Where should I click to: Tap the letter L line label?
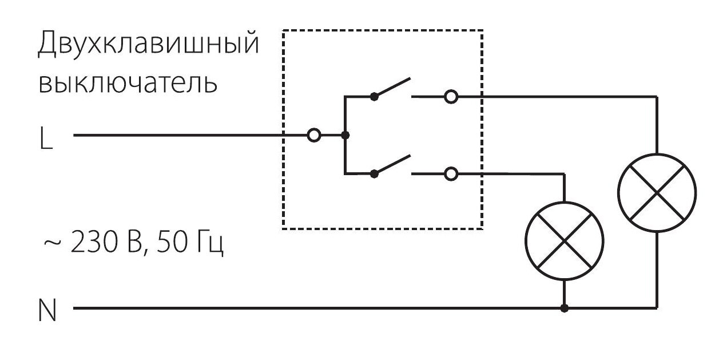46,138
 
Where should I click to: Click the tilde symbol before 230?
51,243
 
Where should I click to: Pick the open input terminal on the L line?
314,136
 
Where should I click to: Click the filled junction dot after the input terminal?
345,136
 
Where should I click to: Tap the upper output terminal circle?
451,97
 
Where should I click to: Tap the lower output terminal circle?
451,174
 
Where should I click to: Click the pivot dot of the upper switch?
374,97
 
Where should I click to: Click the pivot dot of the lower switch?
374,174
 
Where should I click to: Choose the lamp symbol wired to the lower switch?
565,241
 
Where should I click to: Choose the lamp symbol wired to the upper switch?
657,193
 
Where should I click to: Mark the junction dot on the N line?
565,308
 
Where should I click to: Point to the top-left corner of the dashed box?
283,31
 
